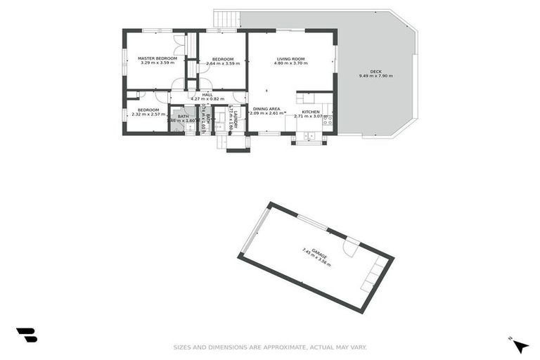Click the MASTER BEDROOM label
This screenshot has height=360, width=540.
click(157, 58)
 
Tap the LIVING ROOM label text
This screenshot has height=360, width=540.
click(290, 58)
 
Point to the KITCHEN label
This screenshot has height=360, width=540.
click(311, 112)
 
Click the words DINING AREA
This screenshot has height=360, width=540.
click(266, 108)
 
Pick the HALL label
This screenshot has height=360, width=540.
click(207, 94)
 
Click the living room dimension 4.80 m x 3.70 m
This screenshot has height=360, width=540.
click(290, 63)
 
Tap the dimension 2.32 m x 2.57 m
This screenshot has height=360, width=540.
click(148, 114)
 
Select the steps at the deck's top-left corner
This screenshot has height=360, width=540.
click(226, 18)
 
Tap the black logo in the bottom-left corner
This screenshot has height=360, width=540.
click(27, 335)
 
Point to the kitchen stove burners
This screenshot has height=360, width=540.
click(327, 120)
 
